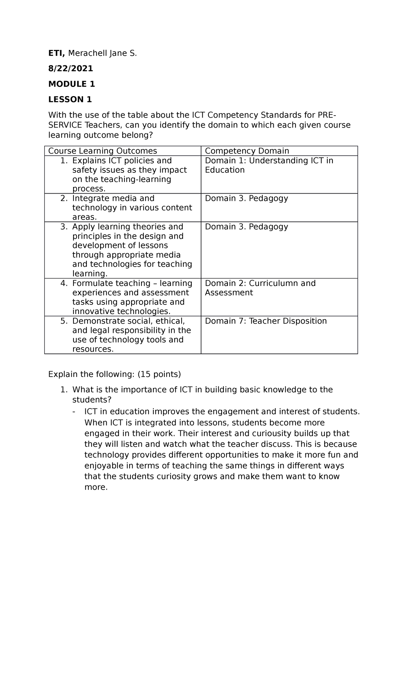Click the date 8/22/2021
tap(70, 69)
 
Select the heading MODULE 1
tap(71, 84)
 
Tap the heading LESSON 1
tap(70, 100)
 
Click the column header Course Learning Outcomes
tap(102, 151)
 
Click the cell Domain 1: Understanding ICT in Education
tap(269, 165)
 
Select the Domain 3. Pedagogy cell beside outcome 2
tap(246, 198)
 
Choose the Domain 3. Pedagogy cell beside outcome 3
tap(246, 227)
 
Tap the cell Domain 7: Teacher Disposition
tap(265, 321)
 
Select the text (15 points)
tap(159, 374)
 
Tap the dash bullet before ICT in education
tap(74, 412)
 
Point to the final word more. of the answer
tap(96, 487)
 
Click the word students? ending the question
tap(92, 400)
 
